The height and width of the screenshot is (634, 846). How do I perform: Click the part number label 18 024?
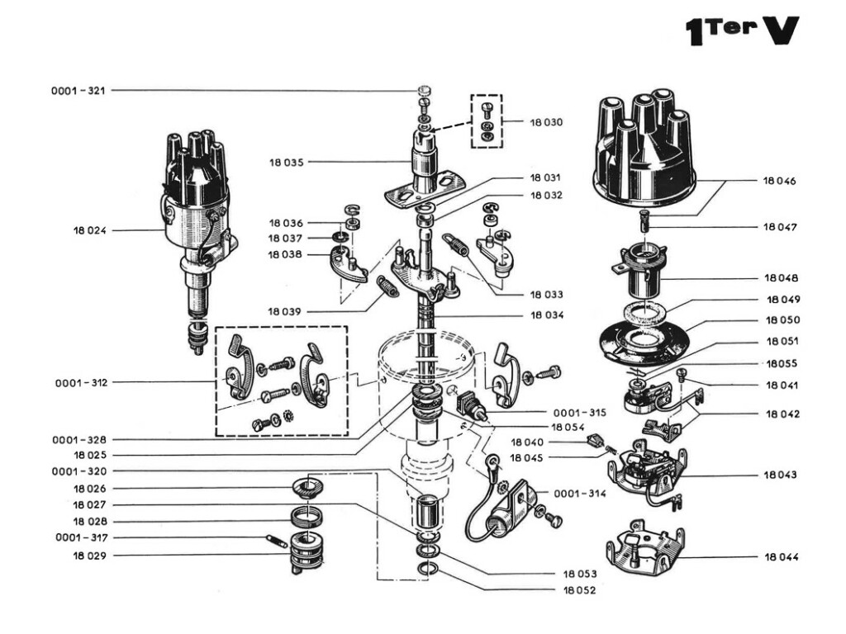(x=90, y=230)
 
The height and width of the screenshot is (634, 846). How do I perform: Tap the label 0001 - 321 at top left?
(x=78, y=90)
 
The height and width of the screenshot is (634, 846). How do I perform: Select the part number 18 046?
(x=780, y=180)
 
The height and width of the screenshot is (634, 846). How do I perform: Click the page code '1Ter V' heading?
(x=742, y=31)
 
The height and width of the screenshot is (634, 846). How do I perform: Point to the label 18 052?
(x=579, y=590)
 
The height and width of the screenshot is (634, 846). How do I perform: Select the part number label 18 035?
(x=286, y=163)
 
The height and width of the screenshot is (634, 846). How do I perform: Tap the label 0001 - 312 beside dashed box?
(x=82, y=383)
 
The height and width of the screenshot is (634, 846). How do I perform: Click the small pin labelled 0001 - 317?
(x=275, y=541)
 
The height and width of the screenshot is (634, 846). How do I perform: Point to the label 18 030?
(x=546, y=122)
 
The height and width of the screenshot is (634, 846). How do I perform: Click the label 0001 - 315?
(x=579, y=412)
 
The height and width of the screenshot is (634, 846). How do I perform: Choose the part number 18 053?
(x=580, y=573)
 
